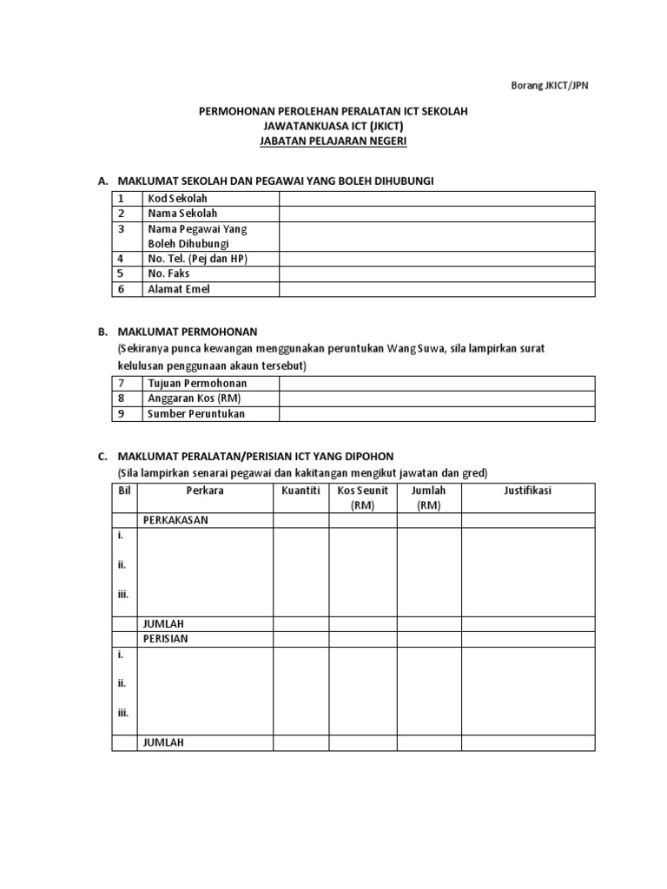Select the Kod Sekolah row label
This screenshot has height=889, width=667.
tap(177, 199)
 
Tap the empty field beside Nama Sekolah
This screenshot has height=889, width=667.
tap(437, 214)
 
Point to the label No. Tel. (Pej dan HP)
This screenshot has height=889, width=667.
tap(203, 259)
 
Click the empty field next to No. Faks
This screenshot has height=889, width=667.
tap(437, 273)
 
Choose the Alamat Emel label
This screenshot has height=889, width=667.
tap(179, 289)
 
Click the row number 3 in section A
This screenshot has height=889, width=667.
tap(122, 229)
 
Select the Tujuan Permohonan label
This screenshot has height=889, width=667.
tap(197, 383)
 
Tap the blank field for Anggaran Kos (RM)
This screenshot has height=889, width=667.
tap(437, 398)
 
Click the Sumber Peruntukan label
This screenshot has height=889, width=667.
tap(196, 414)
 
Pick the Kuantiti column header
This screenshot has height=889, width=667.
tap(300, 491)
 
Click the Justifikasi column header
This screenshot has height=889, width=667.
tap(528, 491)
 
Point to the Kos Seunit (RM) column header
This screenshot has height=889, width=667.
tap(362, 498)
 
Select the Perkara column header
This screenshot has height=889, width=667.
tap(205, 491)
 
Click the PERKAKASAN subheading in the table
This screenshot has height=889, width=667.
tap(175, 520)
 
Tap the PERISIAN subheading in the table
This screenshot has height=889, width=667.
tap(166, 639)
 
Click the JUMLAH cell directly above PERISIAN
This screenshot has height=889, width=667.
tap(163, 623)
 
